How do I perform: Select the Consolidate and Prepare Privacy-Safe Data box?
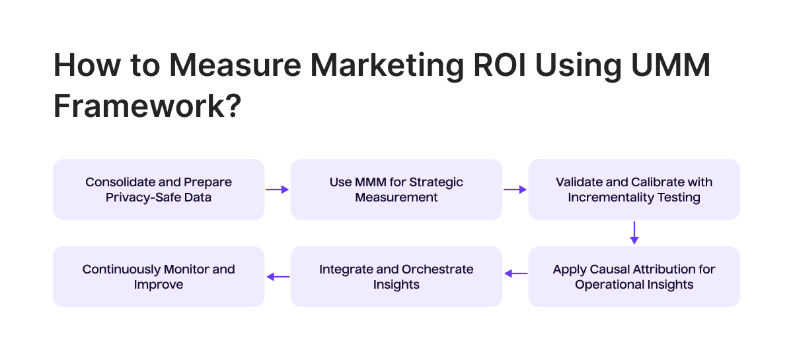tap(159, 190)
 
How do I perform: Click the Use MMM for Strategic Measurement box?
tap(397, 190)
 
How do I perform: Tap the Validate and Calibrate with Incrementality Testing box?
tap(634, 190)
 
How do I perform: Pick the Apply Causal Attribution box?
tap(634, 277)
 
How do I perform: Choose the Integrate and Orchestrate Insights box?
tap(397, 277)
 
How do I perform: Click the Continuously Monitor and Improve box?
tap(159, 277)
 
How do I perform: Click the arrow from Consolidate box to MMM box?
tap(278, 190)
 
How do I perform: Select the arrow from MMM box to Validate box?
tap(515, 190)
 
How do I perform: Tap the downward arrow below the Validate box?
tap(634, 233)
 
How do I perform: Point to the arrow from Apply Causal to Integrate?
tap(515, 273)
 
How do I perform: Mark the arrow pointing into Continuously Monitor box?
tap(278, 277)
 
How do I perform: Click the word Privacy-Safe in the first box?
tap(140, 197)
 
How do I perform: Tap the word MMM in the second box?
tap(371, 182)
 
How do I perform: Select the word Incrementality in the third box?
tap(612, 197)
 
